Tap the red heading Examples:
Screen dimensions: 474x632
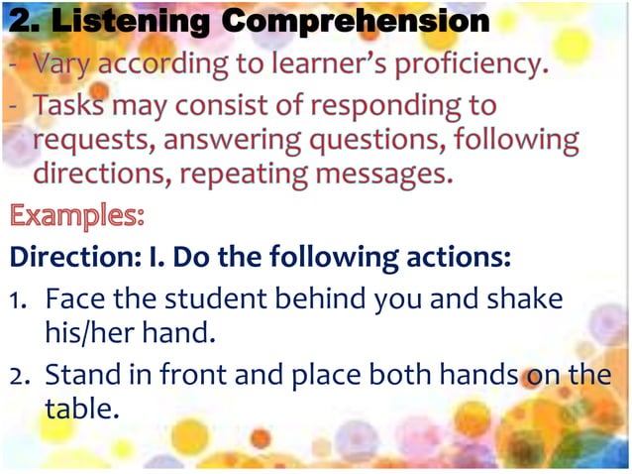pyautogui.click(x=77, y=215)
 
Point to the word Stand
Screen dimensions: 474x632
pyautogui.click(x=86, y=374)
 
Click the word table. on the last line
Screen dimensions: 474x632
pyautogui.click(x=81, y=408)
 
